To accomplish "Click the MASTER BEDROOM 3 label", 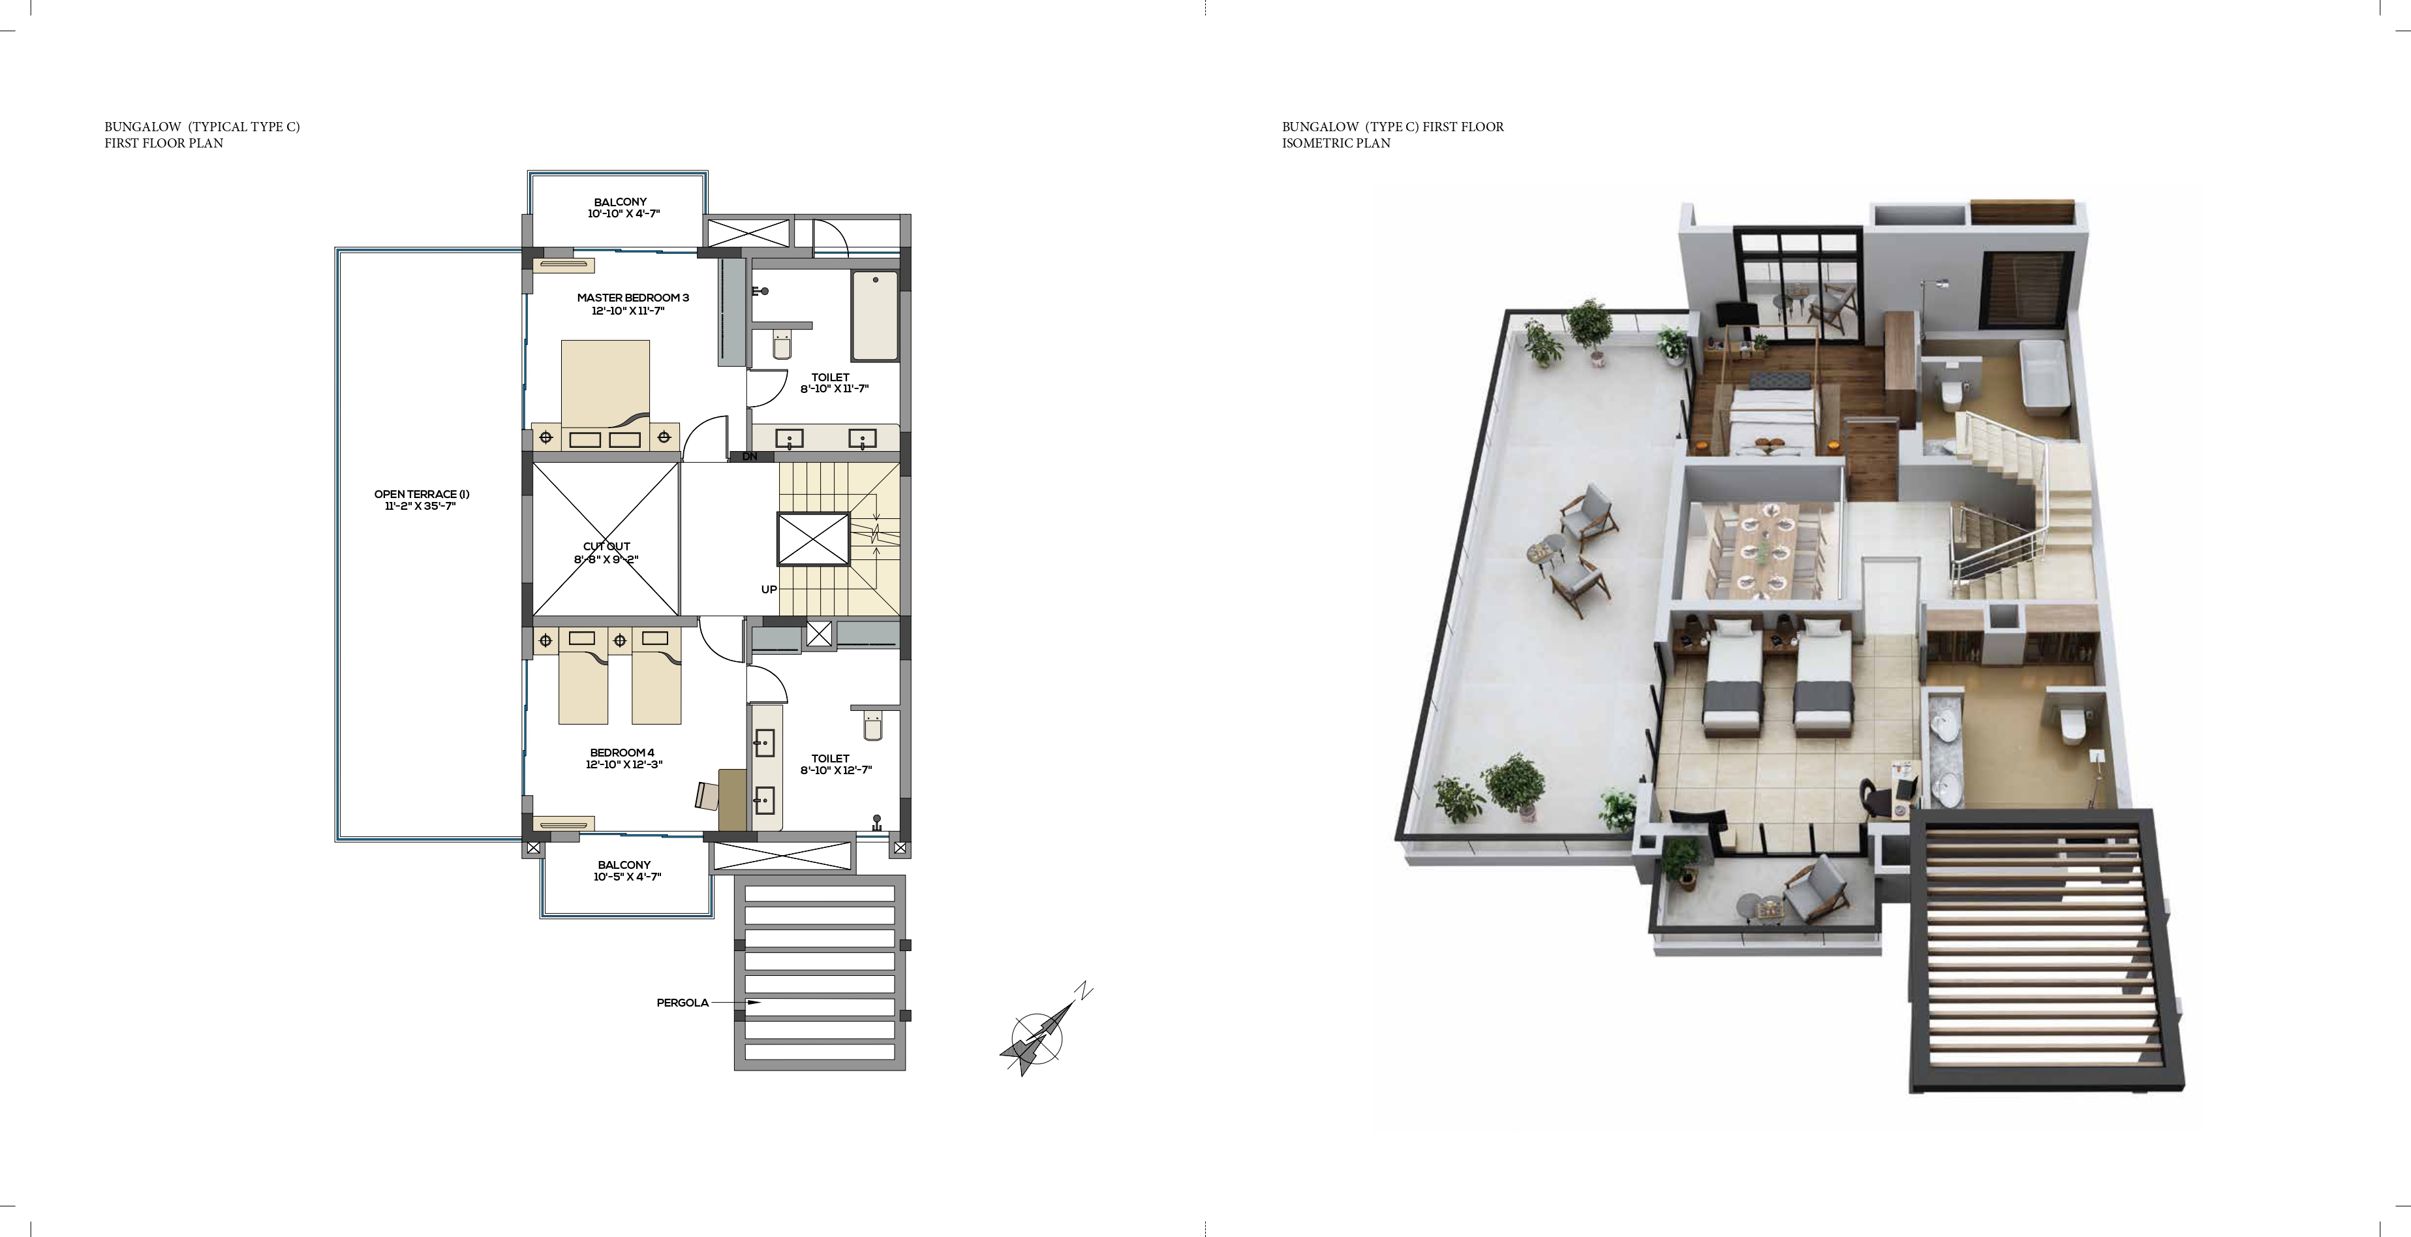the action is click(x=633, y=304).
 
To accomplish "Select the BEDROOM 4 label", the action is click(x=622, y=759).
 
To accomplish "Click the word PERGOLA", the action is click(x=683, y=1003).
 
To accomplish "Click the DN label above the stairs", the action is click(x=750, y=457).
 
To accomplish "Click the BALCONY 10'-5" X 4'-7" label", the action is click(x=623, y=871).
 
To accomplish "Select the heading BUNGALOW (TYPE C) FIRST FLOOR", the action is click(x=1392, y=127).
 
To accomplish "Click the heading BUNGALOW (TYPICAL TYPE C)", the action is click(x=202, y=127).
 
